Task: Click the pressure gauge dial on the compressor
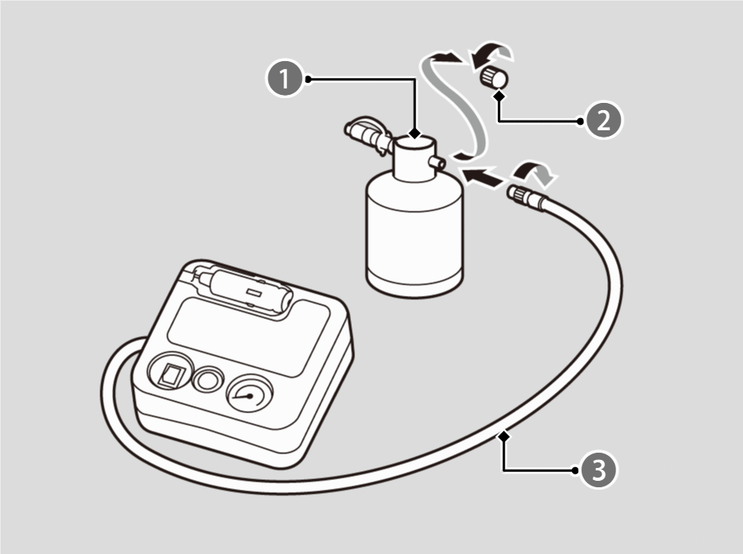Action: click(251, 393)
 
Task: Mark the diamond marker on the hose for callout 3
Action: click(504, 436)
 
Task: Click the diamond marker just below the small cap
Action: click(500, 96)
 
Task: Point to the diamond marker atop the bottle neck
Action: click(414, 131)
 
